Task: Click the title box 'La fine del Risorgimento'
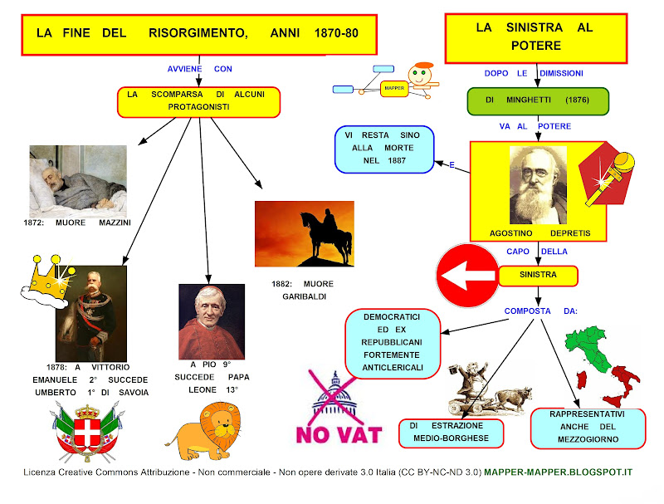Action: pos(197,35)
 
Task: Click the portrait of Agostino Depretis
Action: pos(538,184)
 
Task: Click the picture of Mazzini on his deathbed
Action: pos(77,181)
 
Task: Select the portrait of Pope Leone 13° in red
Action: pos(212,321)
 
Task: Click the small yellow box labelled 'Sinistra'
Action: pos(537,274)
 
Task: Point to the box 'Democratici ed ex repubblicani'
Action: pos(390,343)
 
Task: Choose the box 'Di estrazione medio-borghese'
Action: pos(449,432)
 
